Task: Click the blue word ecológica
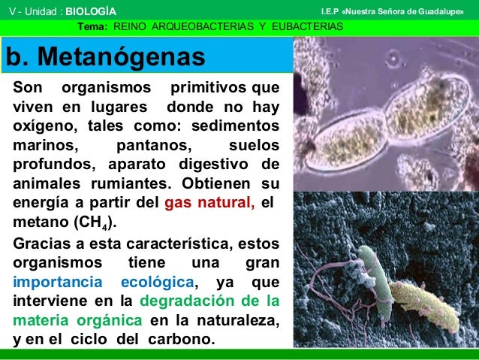point(158,282)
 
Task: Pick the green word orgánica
point(107,320)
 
